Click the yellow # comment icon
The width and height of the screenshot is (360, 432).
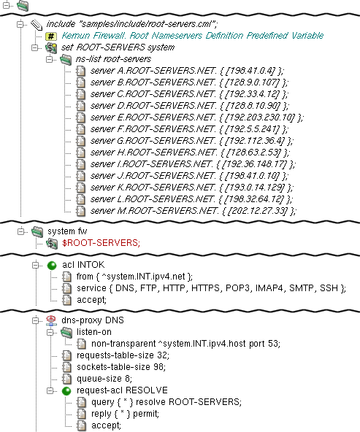(51, 36)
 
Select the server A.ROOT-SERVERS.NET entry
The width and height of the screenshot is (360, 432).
(187, 71)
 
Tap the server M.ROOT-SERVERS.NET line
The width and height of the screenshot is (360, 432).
(194, 211)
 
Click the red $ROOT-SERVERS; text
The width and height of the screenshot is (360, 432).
(102, 243)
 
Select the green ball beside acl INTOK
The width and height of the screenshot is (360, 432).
(52, 266)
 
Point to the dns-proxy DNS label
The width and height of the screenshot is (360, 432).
(93, 320)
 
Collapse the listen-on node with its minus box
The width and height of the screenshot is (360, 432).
(50, 333)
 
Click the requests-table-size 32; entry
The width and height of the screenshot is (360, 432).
(123, 355)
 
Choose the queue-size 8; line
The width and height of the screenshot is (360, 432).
(104, 379)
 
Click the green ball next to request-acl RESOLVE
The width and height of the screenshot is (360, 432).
(66, 391)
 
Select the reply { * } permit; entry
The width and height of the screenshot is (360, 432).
(125, 414)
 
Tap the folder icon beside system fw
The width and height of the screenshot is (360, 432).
(37, 232)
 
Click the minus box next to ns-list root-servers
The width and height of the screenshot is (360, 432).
(50, 59)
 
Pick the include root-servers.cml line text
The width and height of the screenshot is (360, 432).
(131, 24)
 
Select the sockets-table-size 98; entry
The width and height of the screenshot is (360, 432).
(121, 367)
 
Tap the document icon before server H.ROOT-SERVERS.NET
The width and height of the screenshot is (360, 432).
(81, 153)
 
